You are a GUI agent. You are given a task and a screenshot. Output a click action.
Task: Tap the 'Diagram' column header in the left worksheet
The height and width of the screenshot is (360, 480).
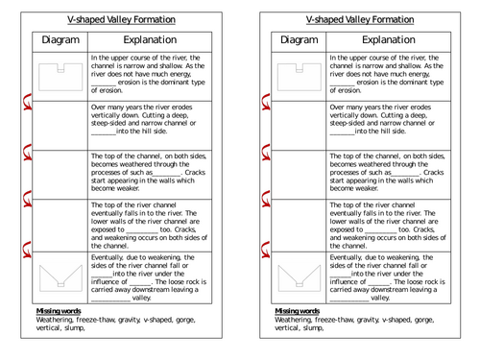60,40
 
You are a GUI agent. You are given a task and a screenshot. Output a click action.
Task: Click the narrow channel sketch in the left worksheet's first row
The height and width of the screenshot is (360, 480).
60,74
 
